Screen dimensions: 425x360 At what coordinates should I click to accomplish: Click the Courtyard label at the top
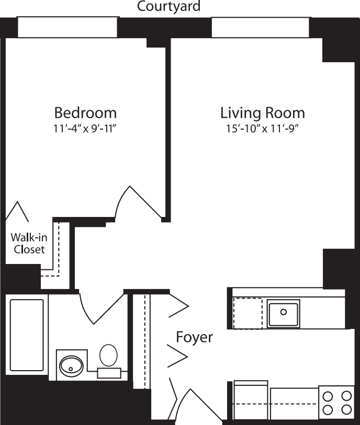168,7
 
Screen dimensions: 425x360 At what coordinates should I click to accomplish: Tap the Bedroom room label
85,113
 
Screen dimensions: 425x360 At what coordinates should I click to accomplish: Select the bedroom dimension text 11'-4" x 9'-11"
85,129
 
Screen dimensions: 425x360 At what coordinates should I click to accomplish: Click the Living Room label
262,113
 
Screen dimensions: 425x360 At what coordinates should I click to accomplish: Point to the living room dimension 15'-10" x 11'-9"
262,129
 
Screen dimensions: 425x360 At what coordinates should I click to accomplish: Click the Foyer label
194,337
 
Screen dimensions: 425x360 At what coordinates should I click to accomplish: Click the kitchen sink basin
283,313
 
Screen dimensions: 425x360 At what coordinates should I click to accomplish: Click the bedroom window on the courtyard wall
67,28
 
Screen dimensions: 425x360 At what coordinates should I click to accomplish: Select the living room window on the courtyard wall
260,28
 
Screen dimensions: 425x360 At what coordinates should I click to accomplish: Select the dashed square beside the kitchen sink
248,313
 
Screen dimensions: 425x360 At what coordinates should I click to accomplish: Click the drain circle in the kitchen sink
283,312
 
